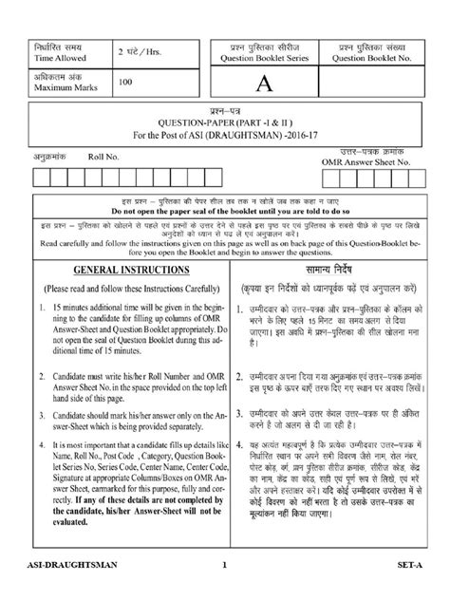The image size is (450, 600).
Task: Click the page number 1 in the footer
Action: click(225, 591)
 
